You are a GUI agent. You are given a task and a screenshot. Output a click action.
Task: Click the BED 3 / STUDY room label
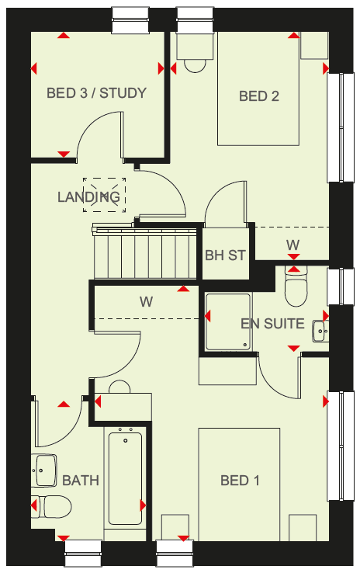(96, 93)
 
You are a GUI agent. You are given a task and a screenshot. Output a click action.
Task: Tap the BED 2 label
(258, 96)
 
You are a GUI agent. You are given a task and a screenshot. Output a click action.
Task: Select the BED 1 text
(240, 481)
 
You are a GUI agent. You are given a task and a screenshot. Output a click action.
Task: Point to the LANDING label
(88, 196)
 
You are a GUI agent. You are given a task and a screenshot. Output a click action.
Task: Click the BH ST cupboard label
(225, 255)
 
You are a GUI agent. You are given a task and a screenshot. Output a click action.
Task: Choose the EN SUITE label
(272, 324)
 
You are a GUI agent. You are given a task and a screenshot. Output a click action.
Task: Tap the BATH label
(81, 481)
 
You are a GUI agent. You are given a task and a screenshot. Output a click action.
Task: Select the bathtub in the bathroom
(125, 478)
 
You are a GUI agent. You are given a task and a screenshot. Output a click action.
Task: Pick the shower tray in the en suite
(228, 321)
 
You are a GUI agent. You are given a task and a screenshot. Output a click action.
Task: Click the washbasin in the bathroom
(44, 471)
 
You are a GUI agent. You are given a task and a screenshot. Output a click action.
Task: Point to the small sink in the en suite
(320, 331)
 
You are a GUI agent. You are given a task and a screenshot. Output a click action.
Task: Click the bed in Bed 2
(258, 89)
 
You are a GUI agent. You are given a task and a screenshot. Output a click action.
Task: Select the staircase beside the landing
(145, 252)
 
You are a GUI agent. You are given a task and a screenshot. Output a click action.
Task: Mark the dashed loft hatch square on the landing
(104, 195)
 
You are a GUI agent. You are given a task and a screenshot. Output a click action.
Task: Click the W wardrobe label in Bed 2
(292, 245)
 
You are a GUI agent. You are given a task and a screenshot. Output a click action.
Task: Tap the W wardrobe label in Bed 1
(147, 302)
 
